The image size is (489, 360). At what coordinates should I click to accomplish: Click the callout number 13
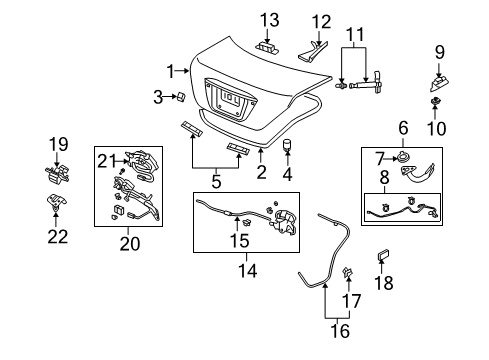click(x=269, y=20)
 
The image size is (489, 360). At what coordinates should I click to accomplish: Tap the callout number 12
click(x=321, y=22)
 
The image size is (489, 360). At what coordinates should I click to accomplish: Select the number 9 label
click(x=440, y=52)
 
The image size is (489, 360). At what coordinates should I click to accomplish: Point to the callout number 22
click(x=58, y=236)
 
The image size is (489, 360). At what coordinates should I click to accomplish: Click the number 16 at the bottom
click(x=340, y=331)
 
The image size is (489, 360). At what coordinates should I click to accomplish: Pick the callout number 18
click(x=384, y=283)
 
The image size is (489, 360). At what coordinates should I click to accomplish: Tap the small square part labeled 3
click(x=181, y=96)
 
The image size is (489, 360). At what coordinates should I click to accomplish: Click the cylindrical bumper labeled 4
click(x=287, y=145)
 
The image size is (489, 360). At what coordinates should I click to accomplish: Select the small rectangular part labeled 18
click(x=383, y=255)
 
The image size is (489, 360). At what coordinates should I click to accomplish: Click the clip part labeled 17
click(x=347, y=272)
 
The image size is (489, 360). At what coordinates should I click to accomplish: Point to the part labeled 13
click(x=267, y=47)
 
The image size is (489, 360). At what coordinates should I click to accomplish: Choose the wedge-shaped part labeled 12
click(x=313, y=52)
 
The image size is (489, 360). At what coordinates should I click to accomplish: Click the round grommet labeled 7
click(x=404, y=157)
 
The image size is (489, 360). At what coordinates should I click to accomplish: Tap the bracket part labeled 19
click(x=57, y=174)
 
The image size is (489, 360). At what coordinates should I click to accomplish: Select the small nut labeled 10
click(x=435, y=101)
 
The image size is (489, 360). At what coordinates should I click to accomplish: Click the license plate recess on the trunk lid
click(x=231, y=99)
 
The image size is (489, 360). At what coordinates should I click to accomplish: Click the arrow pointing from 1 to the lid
click(x=182, y=70)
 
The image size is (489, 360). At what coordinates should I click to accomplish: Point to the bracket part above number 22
click(x=56, y=202)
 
